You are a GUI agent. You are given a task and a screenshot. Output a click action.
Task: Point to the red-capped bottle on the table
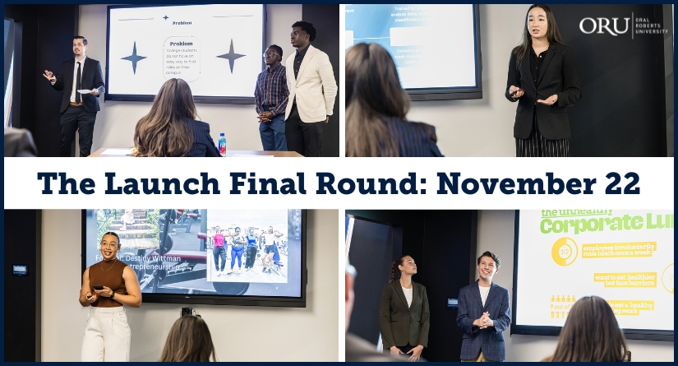(x=222, y=143)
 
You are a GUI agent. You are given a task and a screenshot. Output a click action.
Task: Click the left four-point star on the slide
(x=134, y=57)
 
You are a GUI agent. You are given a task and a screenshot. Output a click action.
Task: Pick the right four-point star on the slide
(x=231, y=56)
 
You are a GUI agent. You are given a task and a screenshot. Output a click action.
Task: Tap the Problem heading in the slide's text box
(x=182, y=43)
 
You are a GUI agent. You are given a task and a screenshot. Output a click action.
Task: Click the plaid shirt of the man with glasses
(x=270, y=90)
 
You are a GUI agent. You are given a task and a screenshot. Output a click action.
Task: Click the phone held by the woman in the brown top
(x=97, y=290)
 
